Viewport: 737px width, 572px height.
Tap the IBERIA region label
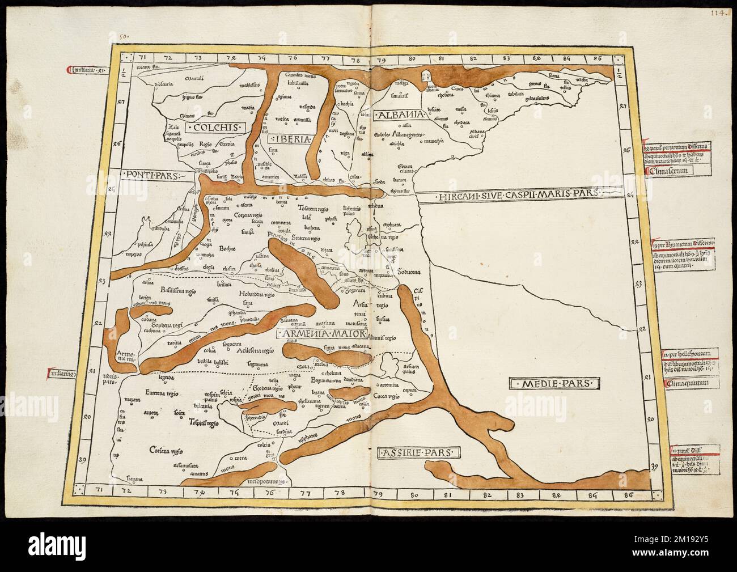(x=293, y=138)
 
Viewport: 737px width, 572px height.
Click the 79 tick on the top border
(x=381, y=57)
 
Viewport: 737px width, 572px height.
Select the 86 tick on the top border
(x=596, y=57)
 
